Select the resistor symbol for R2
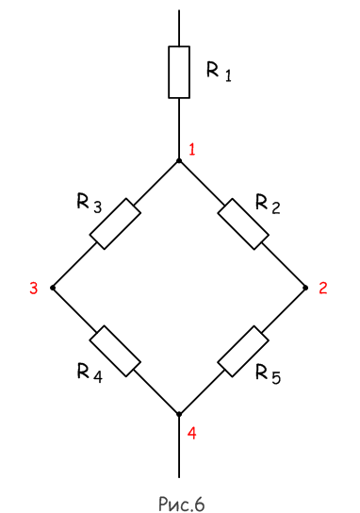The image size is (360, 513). [243, 224]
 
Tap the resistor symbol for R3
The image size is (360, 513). [115, 223]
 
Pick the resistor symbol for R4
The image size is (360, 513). [115, 351]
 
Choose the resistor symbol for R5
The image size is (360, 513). [243, 352]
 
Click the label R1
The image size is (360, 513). [219, 72]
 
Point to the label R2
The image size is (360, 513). [268, 204]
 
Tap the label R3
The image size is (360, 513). [90, 204]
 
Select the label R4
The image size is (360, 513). [90, 372]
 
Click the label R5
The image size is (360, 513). [268, 373]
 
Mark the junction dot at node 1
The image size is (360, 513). [179, 160]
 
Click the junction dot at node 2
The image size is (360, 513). [305, 288]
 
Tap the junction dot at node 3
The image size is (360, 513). [53, 288]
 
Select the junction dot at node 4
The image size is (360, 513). [179, 414]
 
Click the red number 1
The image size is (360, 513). [191, 150]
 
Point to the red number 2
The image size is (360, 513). [323, 289]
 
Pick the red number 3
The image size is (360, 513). [33, 289]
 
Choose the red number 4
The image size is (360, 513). [191, 433]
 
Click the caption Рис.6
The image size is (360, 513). [182, 504]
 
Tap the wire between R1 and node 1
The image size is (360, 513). [179, 128]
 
